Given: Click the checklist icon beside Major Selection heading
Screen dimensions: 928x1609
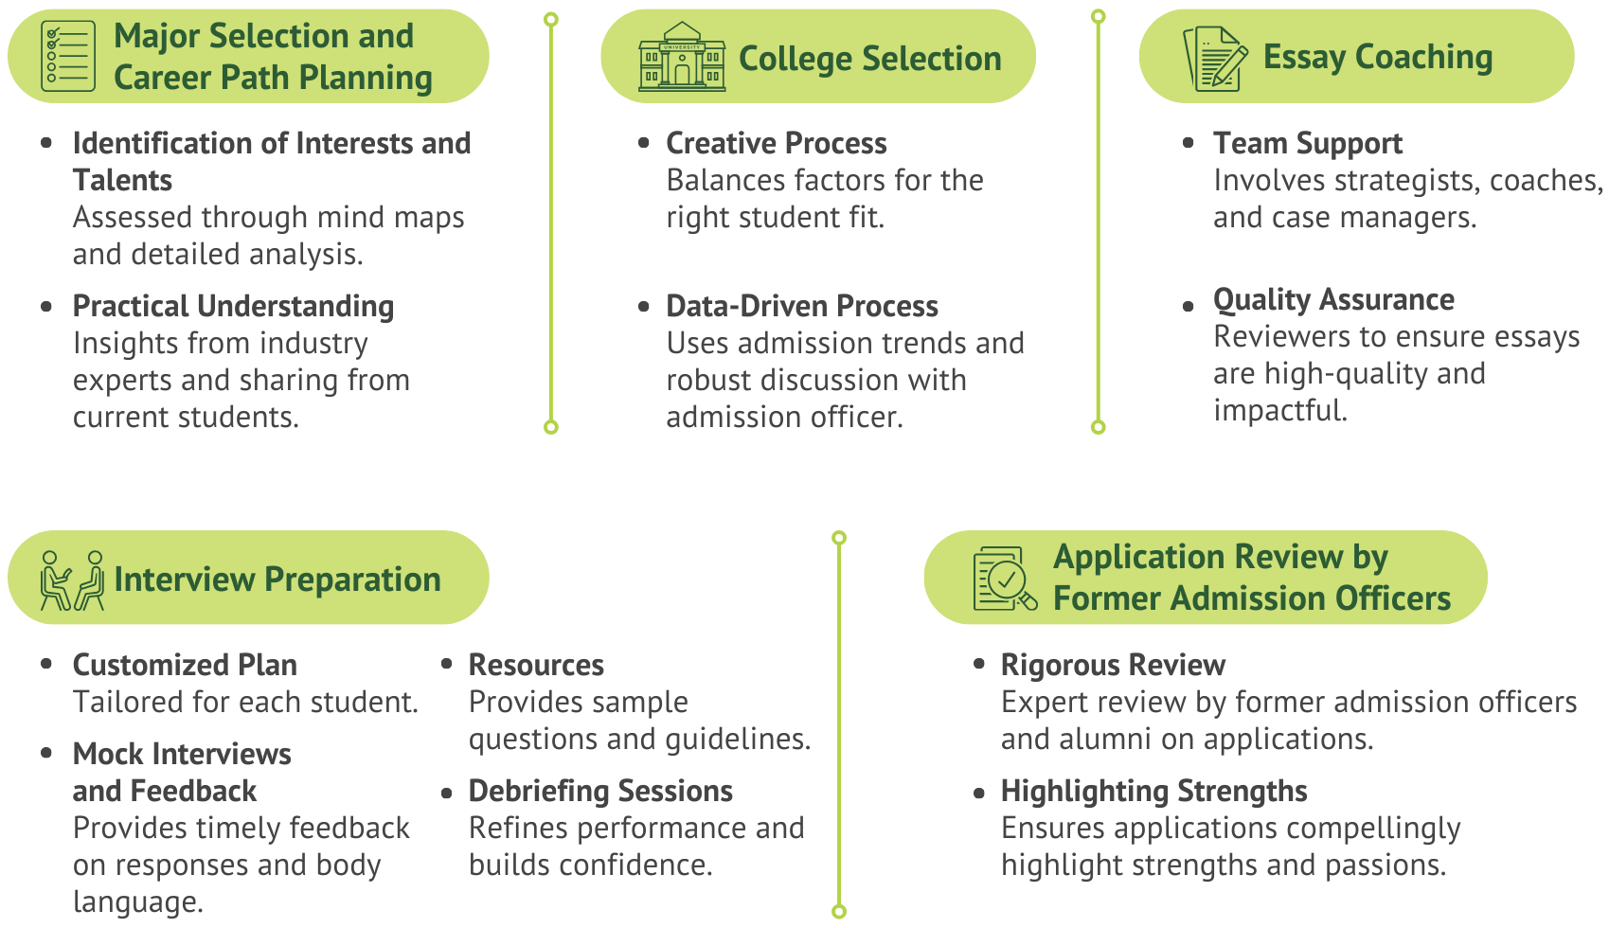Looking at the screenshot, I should pos(68,57).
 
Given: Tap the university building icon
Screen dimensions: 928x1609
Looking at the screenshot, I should pos(682,57).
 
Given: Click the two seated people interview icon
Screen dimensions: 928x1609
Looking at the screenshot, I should pos(72,580).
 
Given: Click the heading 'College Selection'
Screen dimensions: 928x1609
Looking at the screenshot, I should pos(869,59).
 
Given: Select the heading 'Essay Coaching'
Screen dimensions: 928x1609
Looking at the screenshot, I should pos(1377,57).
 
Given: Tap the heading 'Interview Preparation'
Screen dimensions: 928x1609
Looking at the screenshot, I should pos(277,580).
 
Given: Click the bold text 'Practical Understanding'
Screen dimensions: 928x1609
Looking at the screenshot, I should pos(233,306).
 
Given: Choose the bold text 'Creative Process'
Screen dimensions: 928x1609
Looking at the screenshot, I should pos(776,143).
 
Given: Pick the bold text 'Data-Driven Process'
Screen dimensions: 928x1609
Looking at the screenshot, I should pos(801,306).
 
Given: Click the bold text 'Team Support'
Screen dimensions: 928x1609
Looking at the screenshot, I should pos(1307,143).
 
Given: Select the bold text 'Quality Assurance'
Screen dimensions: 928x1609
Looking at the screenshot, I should pos(1333,299).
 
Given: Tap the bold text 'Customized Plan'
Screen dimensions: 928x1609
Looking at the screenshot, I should pos(185,665).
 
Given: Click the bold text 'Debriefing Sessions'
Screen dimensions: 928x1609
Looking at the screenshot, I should pos(600,791).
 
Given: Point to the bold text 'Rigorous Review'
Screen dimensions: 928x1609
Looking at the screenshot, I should pos(1113,665).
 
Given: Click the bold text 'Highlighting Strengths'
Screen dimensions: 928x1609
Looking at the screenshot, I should pos(1153,791).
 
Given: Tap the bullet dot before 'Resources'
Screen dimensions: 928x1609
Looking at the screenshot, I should pos(446,665).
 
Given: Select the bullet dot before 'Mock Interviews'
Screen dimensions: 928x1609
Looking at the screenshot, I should pos(46,754).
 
